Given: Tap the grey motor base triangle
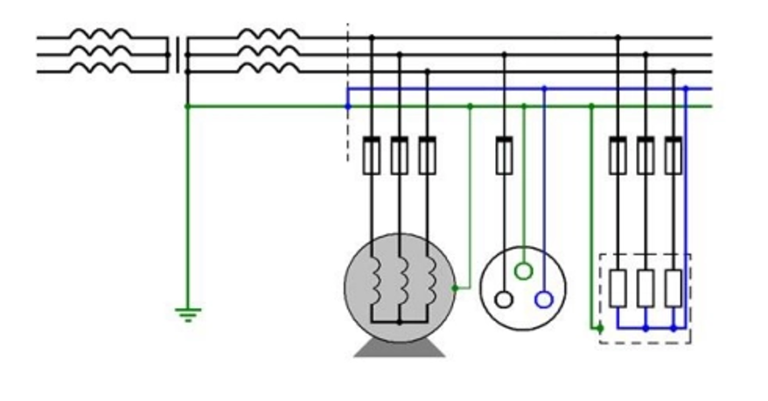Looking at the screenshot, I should [400, 348].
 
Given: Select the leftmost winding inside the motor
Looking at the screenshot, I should [374, 279].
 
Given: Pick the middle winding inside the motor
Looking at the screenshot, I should [401, 279].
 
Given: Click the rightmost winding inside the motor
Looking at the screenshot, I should [429, 279].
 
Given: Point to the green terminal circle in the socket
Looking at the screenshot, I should [523, 271].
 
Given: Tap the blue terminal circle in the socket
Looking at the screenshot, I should [543, 300].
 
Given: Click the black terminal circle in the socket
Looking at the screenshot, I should [503, 300].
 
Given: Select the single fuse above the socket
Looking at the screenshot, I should [504, 155].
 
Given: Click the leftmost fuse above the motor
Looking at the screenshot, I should [372, 155].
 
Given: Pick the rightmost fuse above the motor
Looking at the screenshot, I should [427, 155].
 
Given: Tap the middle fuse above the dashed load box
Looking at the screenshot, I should [646, 155].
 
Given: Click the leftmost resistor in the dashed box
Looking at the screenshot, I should [618, 288].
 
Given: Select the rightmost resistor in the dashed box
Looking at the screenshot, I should [673, 288].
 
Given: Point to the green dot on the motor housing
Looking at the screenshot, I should [454, 287].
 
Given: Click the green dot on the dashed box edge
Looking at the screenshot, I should [599, 328].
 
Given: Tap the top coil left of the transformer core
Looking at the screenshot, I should [100, 35].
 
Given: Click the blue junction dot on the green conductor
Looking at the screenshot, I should [347, 106].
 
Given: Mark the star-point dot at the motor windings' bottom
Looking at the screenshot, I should [400, 322].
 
